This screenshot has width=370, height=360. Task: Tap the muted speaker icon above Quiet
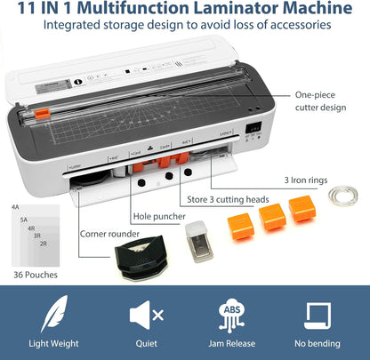(146, 315)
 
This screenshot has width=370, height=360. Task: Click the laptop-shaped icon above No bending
(318, 315)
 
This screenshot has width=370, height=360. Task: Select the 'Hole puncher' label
(159, 215)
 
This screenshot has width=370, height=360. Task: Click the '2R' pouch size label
(44, 243)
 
